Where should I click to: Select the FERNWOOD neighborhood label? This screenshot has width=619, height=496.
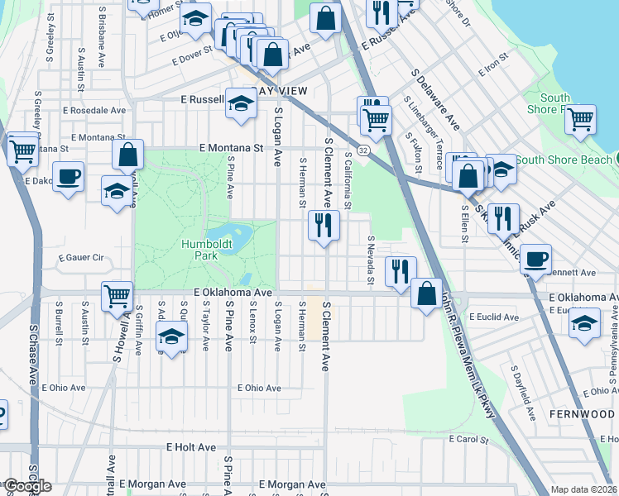point(581,412)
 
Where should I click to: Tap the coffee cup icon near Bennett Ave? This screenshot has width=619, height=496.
point(535,258)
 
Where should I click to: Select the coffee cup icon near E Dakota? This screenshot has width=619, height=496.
point(69,175)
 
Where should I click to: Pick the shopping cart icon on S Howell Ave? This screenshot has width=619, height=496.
point(118,295)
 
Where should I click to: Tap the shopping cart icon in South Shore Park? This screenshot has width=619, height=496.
point(581,118)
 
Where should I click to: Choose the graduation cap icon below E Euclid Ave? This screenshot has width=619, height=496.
point(584,322)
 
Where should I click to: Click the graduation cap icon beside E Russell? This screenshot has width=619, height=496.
point(241,103)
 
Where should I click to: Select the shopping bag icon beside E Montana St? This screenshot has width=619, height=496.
point(129,155)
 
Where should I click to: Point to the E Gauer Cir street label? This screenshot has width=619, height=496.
point(80,259)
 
